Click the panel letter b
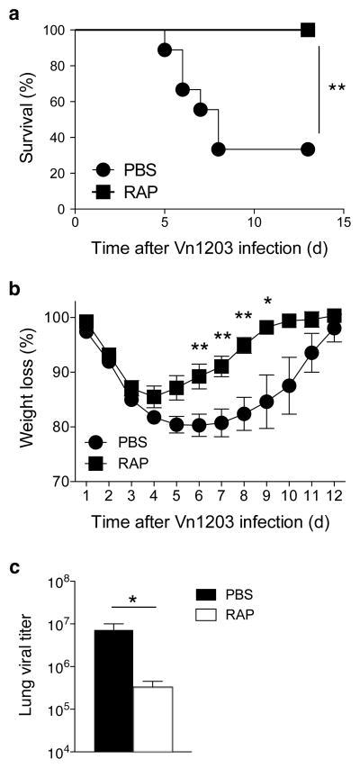click(x=14, y=291)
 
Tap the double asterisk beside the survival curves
click(x=337, y=88)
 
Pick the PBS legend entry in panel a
click(x=127, y=168)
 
